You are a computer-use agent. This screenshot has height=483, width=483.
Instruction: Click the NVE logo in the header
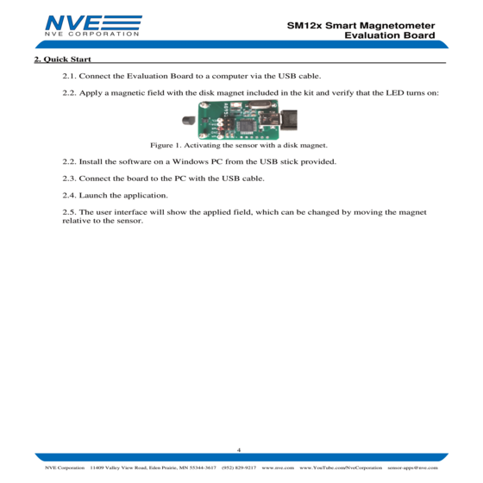[93, 26]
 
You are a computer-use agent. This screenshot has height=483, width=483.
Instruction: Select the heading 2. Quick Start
[62, 60]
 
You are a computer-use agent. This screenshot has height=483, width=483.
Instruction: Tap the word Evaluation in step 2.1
[147, 76]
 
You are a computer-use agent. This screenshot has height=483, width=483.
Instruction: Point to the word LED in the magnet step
[395, 93]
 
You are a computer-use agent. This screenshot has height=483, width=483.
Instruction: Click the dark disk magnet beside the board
[189, 120]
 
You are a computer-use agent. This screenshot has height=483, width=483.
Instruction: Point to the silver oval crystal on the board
[260, 104]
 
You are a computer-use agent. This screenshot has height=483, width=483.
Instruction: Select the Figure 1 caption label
[166, 145]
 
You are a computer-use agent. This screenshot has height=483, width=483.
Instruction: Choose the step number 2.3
[69, 179]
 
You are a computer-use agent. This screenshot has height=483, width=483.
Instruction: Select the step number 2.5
[69, 212]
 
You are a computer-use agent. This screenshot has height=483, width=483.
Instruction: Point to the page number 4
[239, 450]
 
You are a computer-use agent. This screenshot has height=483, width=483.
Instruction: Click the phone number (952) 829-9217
[239, 467]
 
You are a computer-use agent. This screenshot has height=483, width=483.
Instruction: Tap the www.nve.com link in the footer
[278, 467]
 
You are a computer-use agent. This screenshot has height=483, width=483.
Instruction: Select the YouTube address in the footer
[341, 467]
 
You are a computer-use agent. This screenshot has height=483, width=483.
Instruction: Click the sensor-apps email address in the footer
[412, 467]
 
